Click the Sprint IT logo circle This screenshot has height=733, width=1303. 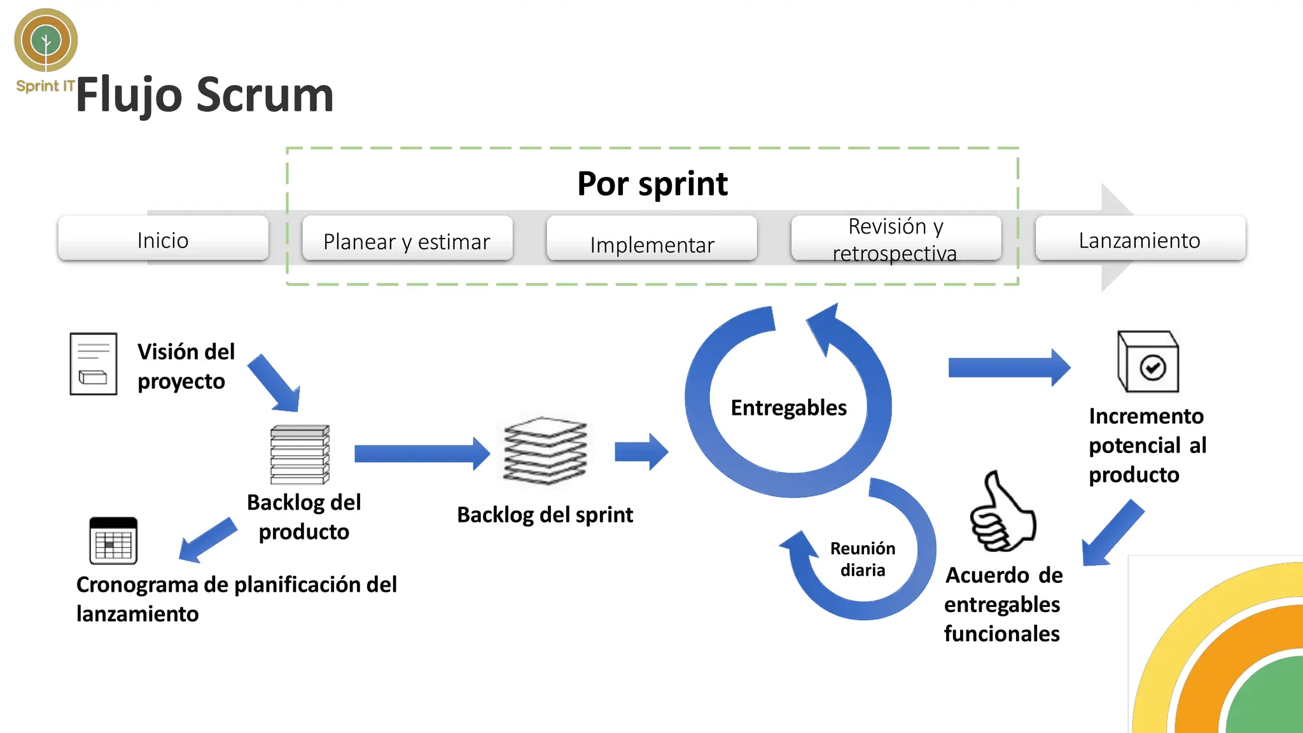(46, 40)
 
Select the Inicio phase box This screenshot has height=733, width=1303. (163, 239)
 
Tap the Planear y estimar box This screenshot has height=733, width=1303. (407, 240)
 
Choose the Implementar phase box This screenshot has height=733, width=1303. (651, 242)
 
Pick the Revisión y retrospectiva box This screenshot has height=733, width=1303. (896, 239)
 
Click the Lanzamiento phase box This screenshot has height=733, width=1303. (1139, 239)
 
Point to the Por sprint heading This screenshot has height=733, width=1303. (652, 184)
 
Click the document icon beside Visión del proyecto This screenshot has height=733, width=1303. (94, 364)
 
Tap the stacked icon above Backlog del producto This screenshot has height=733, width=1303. (300, 454)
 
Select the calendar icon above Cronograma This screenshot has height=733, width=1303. (113, 541)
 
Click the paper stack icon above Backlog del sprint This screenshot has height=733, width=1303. (545, 450)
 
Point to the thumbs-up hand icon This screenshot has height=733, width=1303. (1003, 513)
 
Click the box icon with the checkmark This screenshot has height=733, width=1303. (1148, 361)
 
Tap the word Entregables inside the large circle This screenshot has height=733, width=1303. (788, 407)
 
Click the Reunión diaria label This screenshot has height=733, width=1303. (862, 559)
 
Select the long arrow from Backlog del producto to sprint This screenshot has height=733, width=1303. (420, 454)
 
